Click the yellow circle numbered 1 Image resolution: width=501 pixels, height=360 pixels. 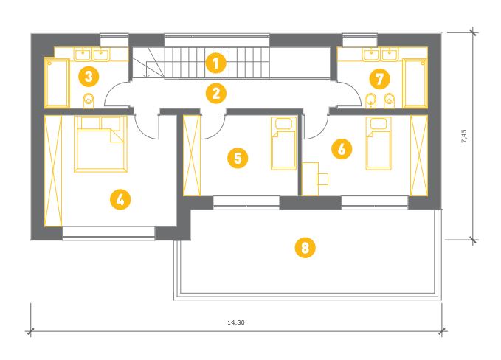216,63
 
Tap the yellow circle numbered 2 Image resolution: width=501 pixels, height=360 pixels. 216,94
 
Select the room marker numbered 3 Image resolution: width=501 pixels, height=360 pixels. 89,77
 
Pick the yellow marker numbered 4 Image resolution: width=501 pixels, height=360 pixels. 120,200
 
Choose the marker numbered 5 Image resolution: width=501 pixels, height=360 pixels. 238,158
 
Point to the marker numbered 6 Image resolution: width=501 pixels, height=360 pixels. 342,149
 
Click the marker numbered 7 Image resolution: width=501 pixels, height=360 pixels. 379,79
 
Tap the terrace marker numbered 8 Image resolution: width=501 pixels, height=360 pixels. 305,247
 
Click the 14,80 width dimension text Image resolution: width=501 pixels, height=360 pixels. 236,322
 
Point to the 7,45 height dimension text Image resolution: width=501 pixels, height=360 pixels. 464,136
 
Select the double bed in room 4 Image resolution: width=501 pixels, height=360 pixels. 100,144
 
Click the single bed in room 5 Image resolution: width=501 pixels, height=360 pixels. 283,143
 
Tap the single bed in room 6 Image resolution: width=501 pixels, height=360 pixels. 379,143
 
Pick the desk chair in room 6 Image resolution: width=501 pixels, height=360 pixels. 322,179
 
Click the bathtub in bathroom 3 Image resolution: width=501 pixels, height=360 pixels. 57,83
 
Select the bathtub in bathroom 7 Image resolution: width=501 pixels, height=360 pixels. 415,83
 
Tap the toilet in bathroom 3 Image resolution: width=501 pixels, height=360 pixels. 89,100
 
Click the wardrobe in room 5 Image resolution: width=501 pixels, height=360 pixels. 192,156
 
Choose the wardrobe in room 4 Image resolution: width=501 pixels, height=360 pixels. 53,171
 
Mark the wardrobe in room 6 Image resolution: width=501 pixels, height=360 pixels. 419,156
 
